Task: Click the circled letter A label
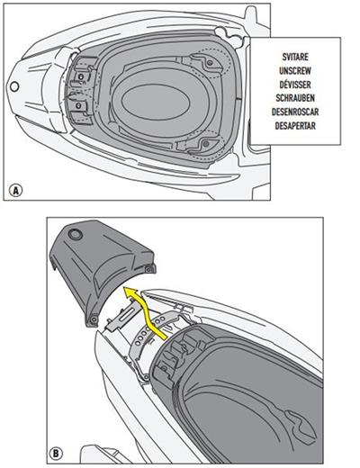point(15,190)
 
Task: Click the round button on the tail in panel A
point(14,86)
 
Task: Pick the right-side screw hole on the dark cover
point(147,267)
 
